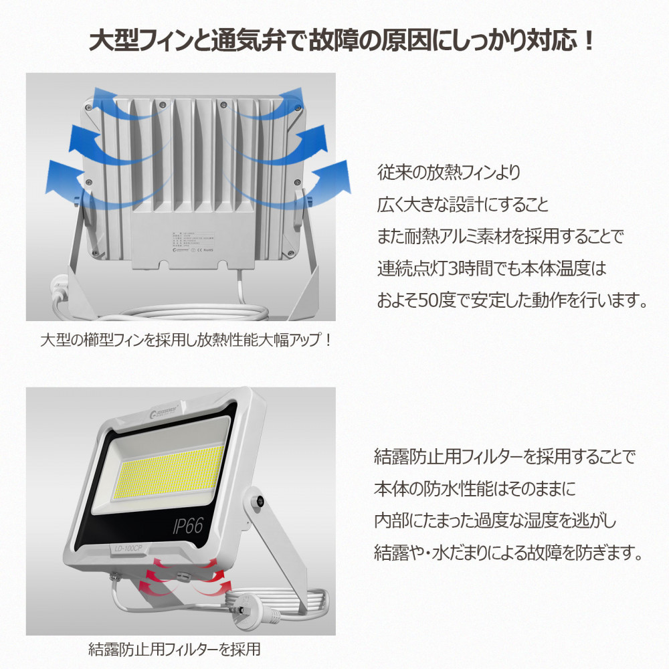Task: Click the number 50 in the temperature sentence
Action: (x=439, y=299)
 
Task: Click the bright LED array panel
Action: (x=167, y=472)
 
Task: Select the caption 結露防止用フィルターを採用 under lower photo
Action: (x=175, y=649)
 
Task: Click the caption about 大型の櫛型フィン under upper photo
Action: (x=186, y=341)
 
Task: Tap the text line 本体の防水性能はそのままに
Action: (x=474, y=490)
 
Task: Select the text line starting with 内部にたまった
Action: (x=494, y=522)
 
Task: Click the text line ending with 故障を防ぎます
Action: (x=508, y=554)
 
